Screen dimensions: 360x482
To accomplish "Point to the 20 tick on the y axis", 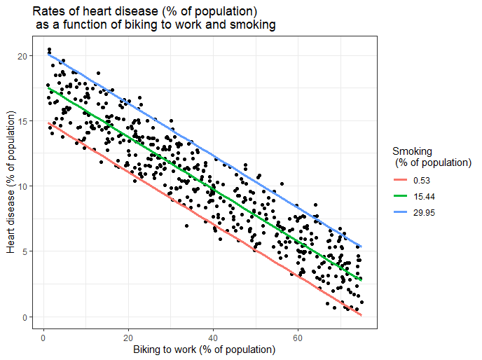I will click(27, 56).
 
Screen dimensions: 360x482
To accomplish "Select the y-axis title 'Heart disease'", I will click(12, 203).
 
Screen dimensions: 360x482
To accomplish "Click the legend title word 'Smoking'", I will click(412, 151).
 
